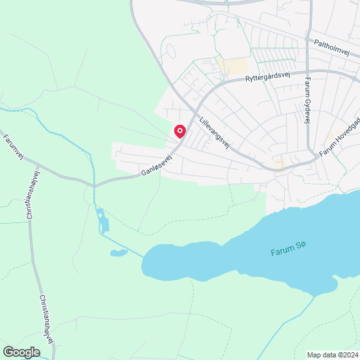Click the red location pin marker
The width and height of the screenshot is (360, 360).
[x=180, y=131]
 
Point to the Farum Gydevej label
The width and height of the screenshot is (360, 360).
[x=308, y=101]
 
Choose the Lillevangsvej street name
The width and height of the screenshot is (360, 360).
[x=214, y=130]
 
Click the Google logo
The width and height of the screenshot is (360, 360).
[x=21, y=352]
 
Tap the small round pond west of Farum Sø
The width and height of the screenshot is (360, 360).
[x=119, y=253]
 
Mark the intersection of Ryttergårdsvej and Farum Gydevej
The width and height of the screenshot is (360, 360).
[x=308, y=71]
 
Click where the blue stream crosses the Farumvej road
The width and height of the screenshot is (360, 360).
[x=94, y=185]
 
